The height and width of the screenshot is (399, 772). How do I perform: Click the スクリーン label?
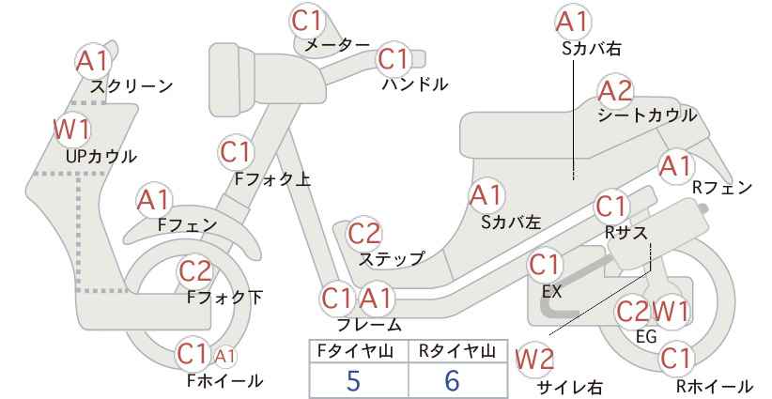[x=131, y=86]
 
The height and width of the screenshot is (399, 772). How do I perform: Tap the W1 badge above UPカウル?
[x=72, y=130]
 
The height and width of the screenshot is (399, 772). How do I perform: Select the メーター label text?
[x=337, y=45]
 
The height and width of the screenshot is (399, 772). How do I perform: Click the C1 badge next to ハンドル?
[x=394, y=59]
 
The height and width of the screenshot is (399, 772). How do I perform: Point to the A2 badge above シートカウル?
[x=615, y=91]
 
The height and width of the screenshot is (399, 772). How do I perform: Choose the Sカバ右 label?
[x=592, y=48]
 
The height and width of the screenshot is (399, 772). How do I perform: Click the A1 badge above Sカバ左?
[x=486, y=195]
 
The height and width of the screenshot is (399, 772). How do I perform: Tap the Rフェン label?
[x=722, y=188]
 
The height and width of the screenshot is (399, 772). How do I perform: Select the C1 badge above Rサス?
[x=611, y=207]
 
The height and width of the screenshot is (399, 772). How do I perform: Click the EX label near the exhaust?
[x=551, y=291]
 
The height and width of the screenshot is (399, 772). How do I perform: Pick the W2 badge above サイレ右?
[x=534, y=360]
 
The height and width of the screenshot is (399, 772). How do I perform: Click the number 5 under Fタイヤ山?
[x=353, y=380]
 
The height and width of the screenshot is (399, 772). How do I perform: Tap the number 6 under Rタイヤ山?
[x=452, y=380]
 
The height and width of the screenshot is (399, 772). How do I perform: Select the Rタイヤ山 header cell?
[x=458, y=351]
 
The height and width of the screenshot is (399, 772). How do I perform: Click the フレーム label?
[x=369, y=325]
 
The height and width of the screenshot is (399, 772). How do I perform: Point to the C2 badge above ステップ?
[x=364, y=233]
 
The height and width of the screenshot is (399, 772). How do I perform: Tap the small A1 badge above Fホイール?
[x=225, y=356]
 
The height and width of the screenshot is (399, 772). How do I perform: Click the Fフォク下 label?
[x=225, y=297]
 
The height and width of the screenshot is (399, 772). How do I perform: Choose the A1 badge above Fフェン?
[x=154, y=200]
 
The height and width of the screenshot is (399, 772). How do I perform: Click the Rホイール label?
[x=714, y=386]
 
